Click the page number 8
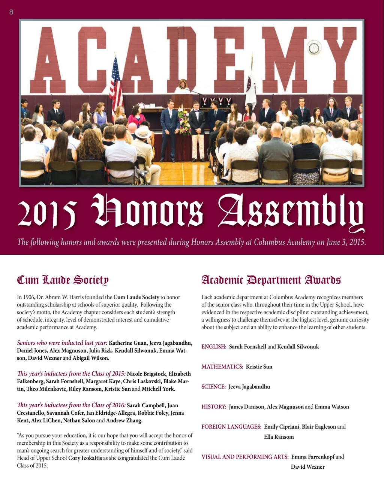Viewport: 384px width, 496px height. (x=11, y=12)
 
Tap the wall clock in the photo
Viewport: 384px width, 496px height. (x=314, y=48)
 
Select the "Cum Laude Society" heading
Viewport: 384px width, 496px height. (x=63, y=280)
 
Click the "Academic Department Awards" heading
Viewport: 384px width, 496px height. (x=271, y=280)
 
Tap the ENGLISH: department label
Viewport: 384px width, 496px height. (x=214, y=347)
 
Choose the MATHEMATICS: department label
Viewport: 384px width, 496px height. (x=222, y=366)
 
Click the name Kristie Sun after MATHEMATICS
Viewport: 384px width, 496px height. (x=259, y=366)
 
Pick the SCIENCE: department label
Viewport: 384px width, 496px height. (x=213, y=387)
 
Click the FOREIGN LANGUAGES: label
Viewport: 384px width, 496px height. (x=231, y=427)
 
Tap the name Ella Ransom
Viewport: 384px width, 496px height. (x=279, y=437)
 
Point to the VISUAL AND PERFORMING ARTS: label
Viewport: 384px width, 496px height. (x=245, y=457)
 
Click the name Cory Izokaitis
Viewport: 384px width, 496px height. (x=85, y=458)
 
